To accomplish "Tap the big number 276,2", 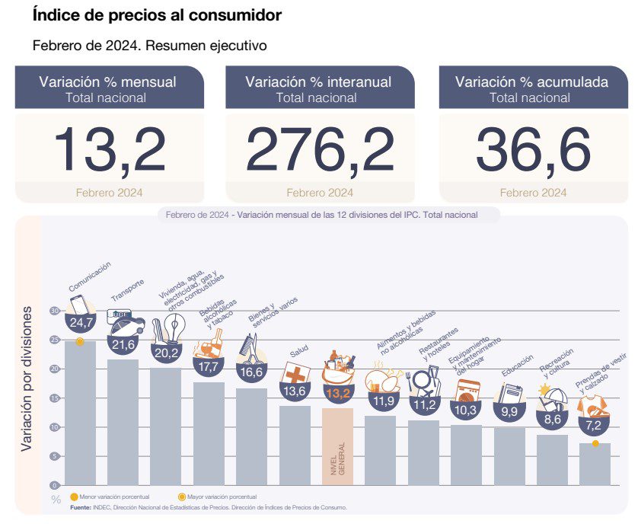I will (x=320, y=150).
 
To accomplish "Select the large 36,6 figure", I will (x=533, y=150).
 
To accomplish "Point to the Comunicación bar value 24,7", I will (x=80, y=323).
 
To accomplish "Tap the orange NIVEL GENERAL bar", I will (x=337, y=446).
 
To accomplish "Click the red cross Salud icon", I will (x=295, y=375).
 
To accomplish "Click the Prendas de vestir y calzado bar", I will (x=595, y=464).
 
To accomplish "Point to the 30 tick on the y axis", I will (x=55, y=311).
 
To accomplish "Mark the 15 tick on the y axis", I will (x=55, y=398).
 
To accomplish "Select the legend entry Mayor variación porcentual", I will (x=221, y=497).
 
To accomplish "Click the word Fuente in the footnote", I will (x=81, y=506).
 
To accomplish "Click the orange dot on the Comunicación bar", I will (x=80, y=341).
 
